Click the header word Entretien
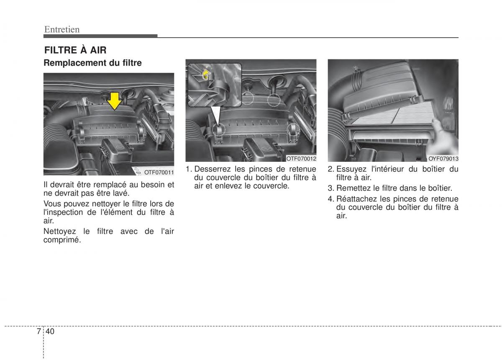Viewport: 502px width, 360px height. pos(62,29)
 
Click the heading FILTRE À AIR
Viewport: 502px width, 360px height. pos(75,51)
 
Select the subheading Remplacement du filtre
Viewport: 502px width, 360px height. pos(93,63)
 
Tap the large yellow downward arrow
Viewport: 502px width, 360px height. pos(114,100)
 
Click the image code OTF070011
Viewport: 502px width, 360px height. pos(159,172)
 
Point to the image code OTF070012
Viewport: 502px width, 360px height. pos(301,158)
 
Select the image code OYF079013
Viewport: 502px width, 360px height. pos(443,158)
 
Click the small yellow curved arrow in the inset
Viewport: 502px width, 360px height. pos(206,75)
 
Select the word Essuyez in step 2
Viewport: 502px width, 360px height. pos(351,169)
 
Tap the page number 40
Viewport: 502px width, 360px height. pos(51,331)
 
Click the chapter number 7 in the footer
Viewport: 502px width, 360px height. pos(38,331)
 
